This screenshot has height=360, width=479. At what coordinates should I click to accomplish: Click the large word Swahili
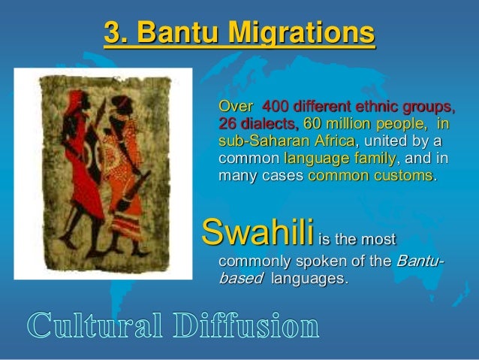pos(255,234)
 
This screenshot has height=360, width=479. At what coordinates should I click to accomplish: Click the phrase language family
pos(336,159)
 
